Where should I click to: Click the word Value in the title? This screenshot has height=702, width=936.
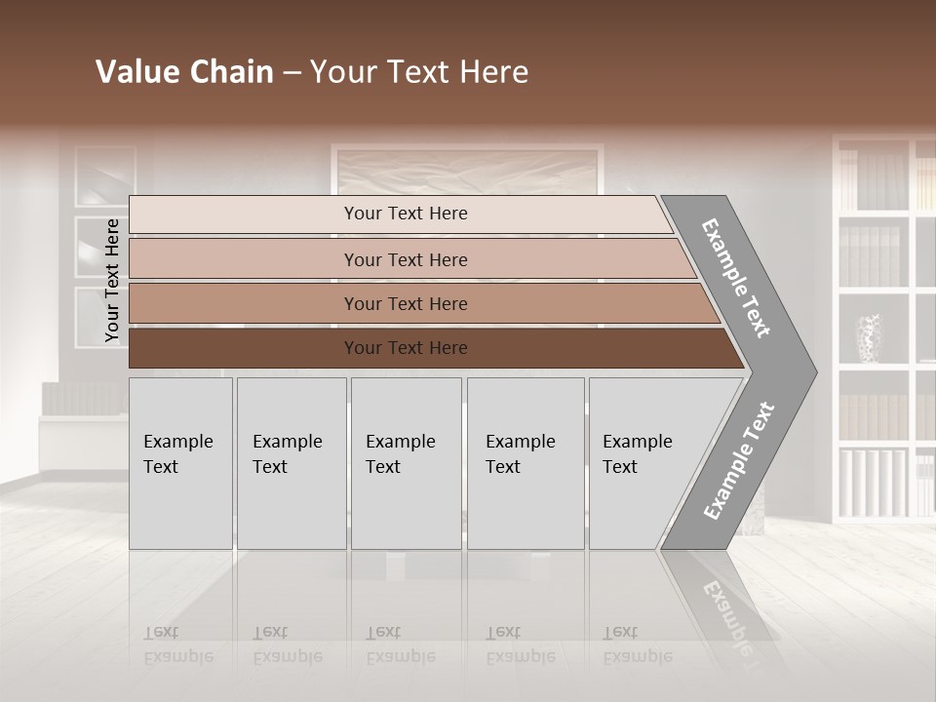133,72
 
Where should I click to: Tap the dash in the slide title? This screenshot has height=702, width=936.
292,73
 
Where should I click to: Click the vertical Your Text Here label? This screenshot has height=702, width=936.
112,280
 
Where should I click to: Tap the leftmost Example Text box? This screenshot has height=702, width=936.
180,463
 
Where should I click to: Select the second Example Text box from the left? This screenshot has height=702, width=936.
291,463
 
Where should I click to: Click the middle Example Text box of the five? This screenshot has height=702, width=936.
406,463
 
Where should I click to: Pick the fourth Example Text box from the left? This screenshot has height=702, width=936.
525,463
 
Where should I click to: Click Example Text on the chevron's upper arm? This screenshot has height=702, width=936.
736,278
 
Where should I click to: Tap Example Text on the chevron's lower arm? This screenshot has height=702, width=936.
738,461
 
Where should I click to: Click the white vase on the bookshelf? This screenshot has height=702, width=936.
868,337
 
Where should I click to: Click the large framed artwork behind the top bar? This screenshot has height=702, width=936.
466,171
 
